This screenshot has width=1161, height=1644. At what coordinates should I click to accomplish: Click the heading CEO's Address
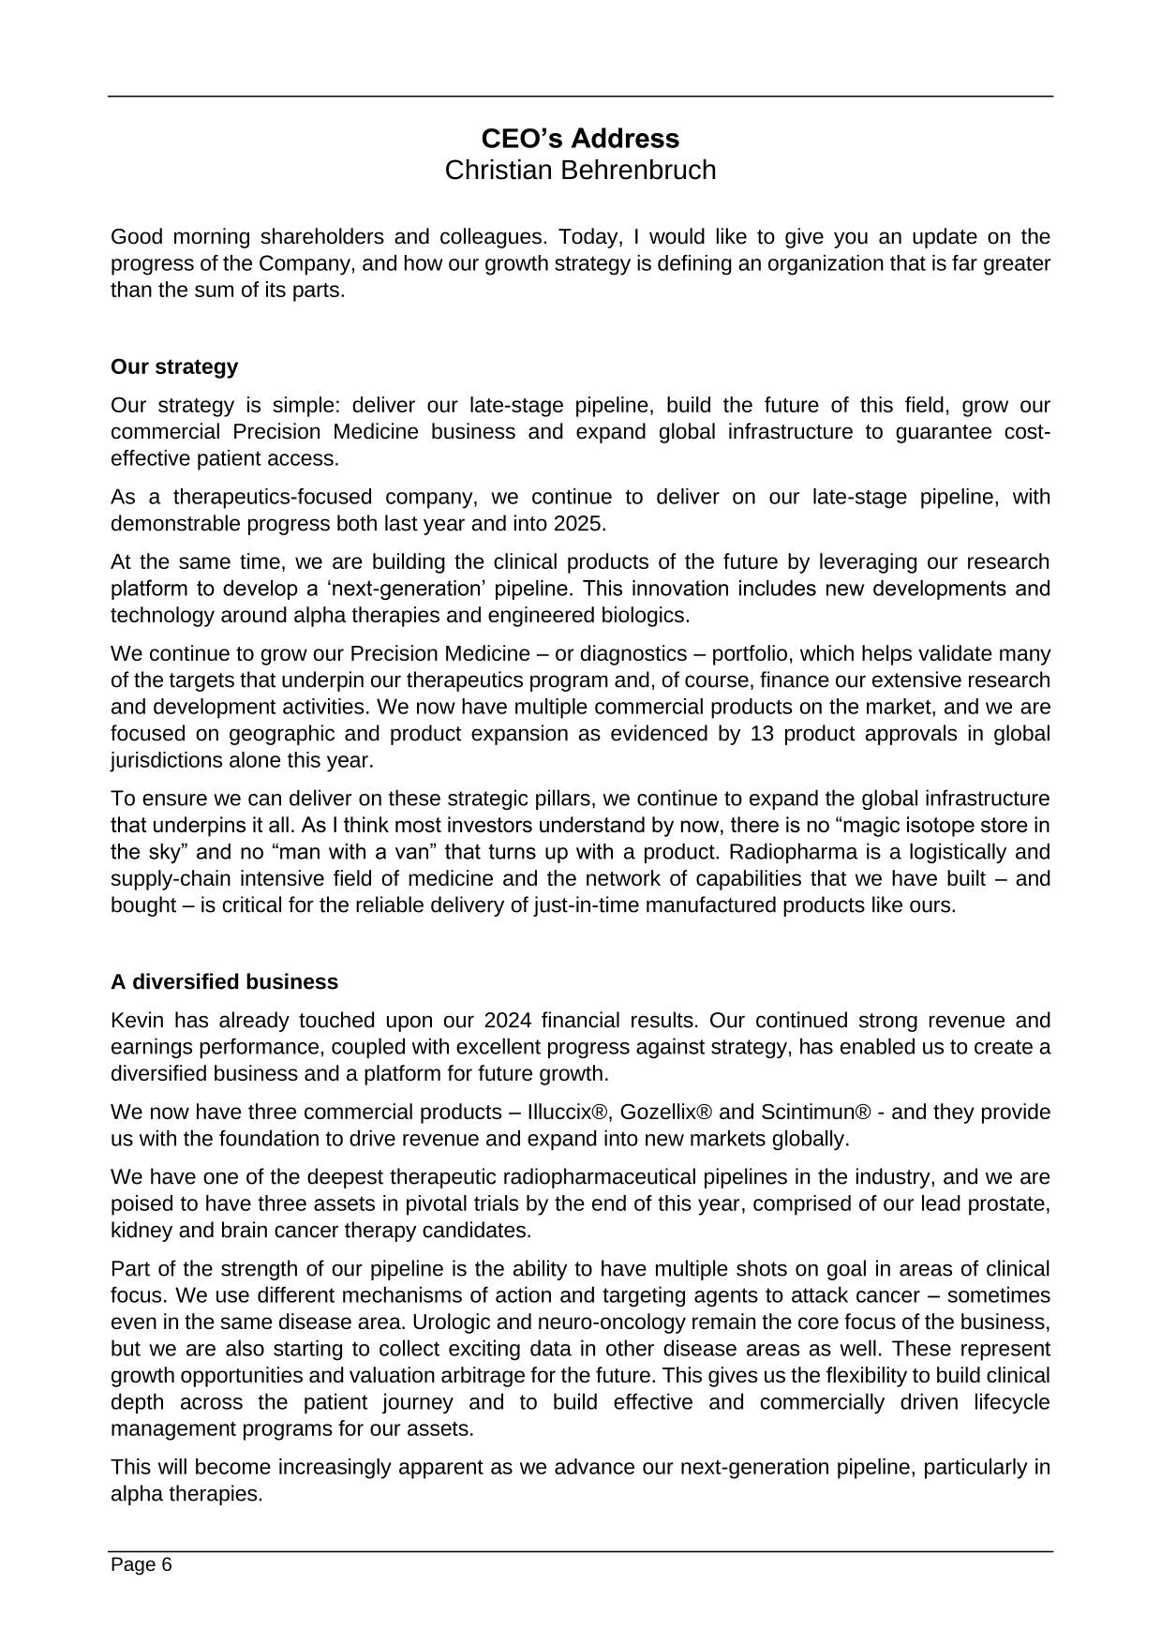(580, 139)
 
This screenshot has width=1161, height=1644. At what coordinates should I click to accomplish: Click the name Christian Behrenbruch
(580, 171)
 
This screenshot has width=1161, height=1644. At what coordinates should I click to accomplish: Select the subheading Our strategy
(174, 366)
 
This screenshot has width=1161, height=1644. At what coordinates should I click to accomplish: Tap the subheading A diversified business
(224, 981)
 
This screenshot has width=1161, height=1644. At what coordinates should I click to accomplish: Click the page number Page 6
(141, 1564)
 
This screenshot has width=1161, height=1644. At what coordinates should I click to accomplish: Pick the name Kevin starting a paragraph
(137, 1021)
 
